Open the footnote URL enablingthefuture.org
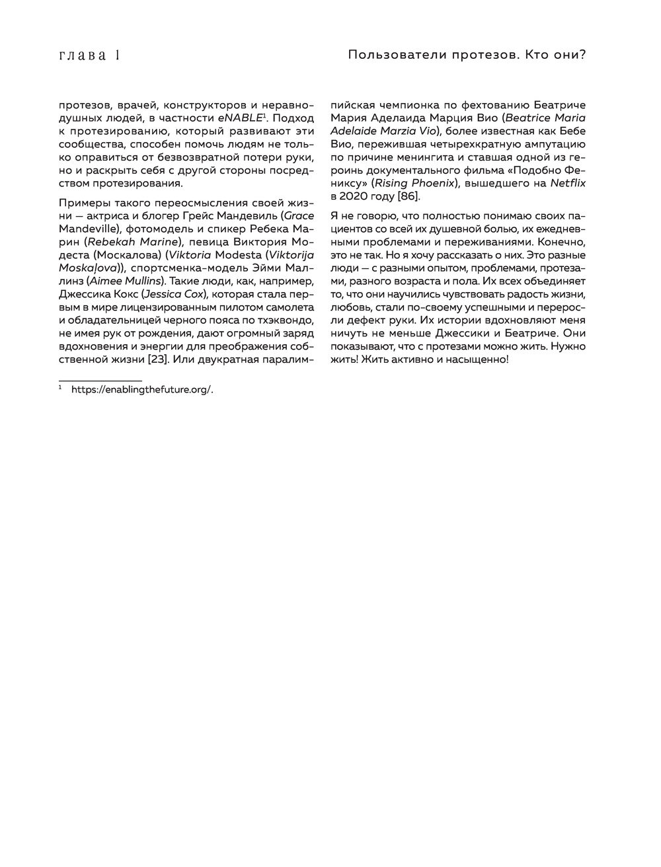[141, 390]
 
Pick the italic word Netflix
[568, 184]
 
